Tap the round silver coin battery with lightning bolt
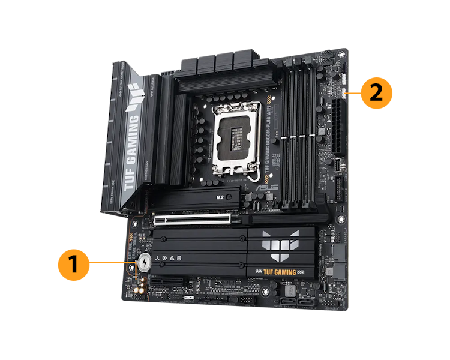(x=145, y=263)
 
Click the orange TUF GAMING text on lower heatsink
(x=276, y=271)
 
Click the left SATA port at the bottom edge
(x=287, y=302)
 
